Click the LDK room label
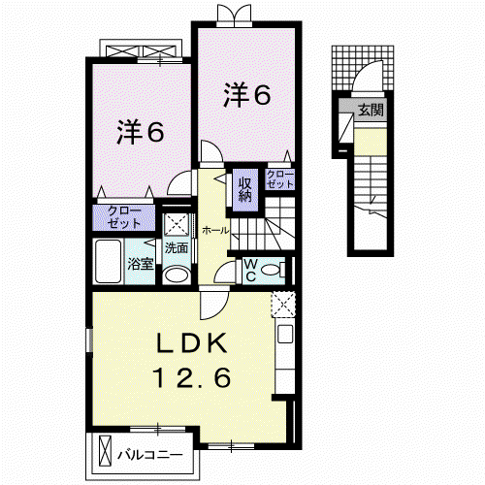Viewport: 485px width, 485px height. [192, 343]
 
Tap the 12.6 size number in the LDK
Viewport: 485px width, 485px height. [193, 377]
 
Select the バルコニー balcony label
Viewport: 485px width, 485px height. [150, 456]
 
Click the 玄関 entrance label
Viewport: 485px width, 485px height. [371, 110]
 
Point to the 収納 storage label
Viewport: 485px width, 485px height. [245, 190]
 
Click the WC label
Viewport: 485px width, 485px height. [250, 271]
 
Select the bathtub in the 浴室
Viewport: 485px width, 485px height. [108, 262]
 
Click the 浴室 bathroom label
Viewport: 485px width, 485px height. [140, 264]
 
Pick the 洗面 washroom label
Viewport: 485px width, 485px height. [177, 248]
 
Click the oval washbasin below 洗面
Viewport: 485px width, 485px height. [177, 275]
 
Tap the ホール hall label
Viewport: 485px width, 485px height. [215, 231]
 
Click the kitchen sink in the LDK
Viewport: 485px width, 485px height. [285, 334]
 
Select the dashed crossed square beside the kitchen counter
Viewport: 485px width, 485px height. [283, 304]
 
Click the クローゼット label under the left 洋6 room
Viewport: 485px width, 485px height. [124, 217]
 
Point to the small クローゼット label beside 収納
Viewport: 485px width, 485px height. [280, 179]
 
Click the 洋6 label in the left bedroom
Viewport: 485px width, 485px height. [141, 132]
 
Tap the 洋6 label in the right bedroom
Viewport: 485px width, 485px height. [246, 95]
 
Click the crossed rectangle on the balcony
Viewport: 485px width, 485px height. [105, 451]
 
